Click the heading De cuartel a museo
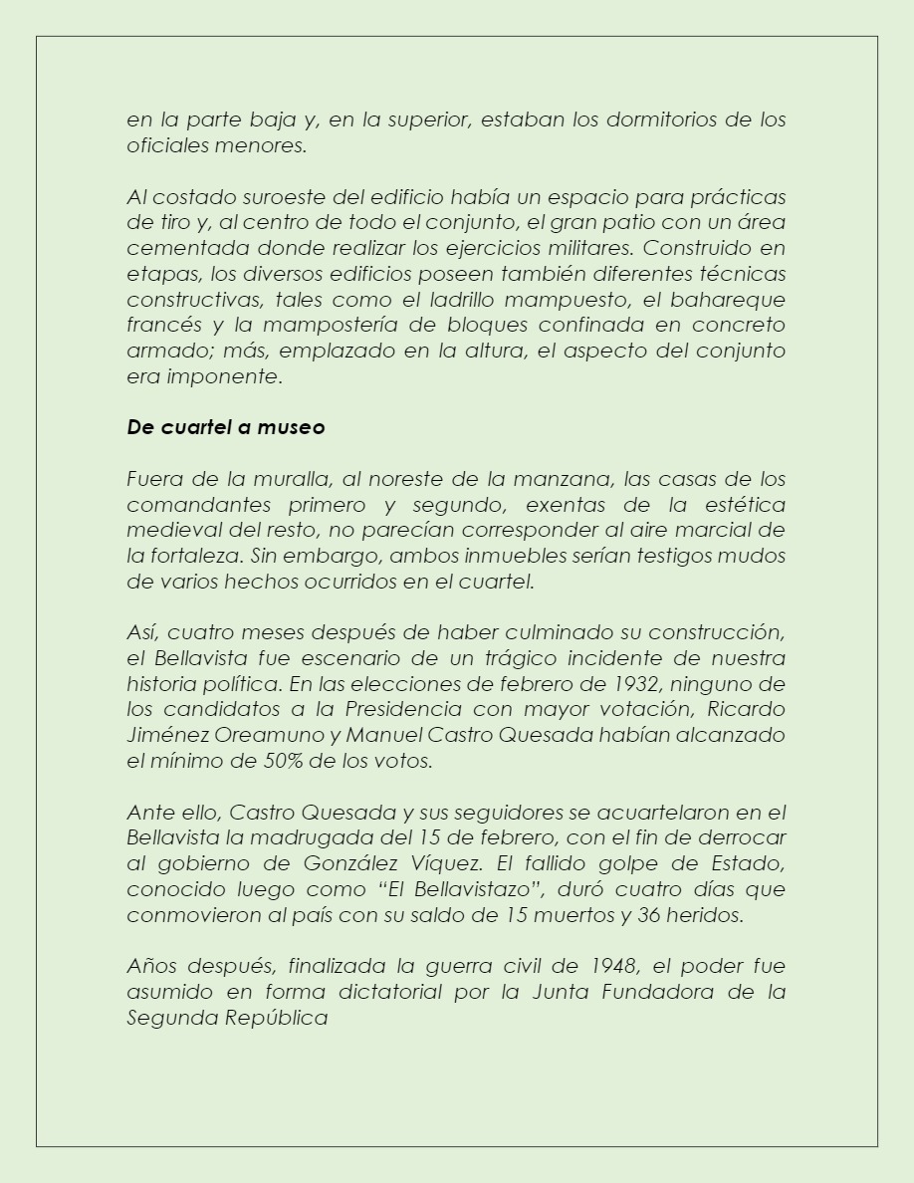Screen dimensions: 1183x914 coord(226,428)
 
